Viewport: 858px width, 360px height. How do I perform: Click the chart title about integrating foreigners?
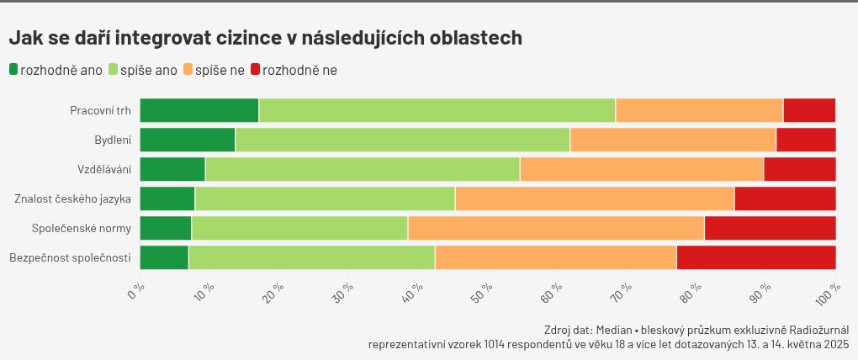click(x=265, y=38)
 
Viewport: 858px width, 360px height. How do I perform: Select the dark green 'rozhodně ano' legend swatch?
click(x=13, y=70)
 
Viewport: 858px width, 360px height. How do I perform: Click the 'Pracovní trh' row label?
click(x=100, y=111)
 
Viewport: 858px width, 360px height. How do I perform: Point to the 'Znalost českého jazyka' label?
click(x=72, y=199)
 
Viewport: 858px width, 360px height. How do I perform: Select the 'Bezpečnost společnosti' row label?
click(x=70, y=257)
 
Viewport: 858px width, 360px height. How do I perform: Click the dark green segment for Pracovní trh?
click(x=199, y=111)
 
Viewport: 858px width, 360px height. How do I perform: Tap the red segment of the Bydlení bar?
click(x=805, y=140)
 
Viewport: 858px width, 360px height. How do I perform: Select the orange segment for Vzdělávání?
click(x=641, y=169)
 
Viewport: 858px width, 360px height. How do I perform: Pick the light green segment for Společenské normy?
click(x=299, y=228)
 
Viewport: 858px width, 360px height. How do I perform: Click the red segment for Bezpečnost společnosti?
click(x=755, y=257)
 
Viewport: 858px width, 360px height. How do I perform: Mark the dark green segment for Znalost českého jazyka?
click(x=167, y=199)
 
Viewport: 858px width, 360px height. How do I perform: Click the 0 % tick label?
click(x=136, y=293)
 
